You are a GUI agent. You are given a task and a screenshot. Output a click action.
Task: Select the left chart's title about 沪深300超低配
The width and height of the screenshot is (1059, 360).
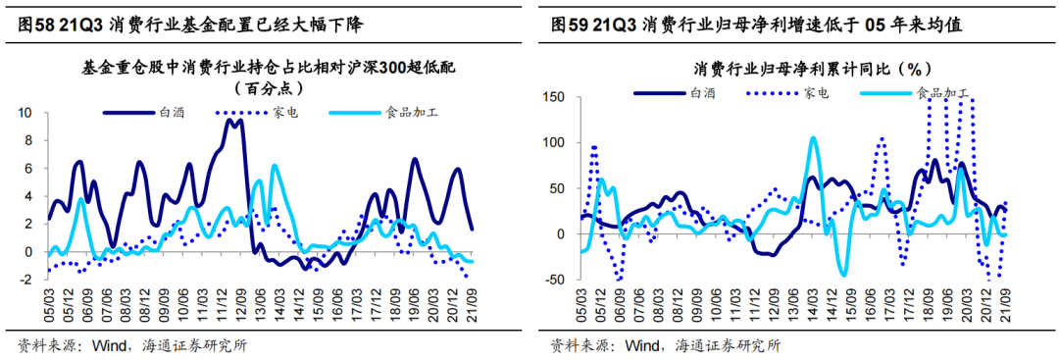[271, 68]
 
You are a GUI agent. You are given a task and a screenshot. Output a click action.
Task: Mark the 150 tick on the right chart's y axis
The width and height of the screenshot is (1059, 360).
[556, 97]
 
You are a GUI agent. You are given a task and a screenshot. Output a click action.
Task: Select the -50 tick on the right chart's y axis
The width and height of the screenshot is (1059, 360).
[556, 280]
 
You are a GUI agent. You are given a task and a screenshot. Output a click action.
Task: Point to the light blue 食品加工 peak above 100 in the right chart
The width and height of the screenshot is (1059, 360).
[814, 138]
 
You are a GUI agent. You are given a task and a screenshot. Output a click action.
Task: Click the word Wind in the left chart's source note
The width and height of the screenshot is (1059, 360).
[109, 344]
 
